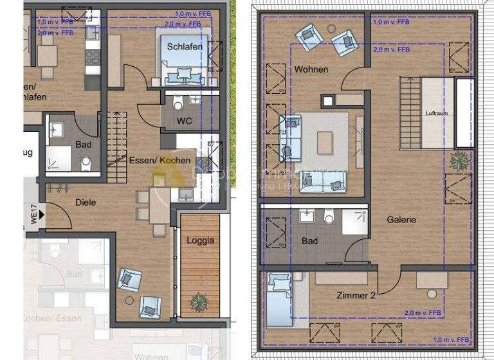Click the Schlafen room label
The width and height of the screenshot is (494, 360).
(x=185, y=47)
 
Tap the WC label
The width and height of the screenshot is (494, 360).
(x=185, y=121)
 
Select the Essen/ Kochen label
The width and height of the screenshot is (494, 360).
(x=159, y=160)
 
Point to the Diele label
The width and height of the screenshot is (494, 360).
(x=86, y=203)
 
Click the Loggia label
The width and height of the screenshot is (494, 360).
(x=200, y=241)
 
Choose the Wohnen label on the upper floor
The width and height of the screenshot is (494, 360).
(x=311, y=69)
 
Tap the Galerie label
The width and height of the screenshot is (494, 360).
(x=401, y=219)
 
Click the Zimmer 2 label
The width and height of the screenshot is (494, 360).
(x=356, y=295)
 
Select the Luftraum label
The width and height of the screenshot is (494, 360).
(x=437, y=113)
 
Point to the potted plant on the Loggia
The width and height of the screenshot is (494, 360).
(x=199, y=300)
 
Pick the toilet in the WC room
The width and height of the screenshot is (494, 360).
(x=178, y=104)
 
